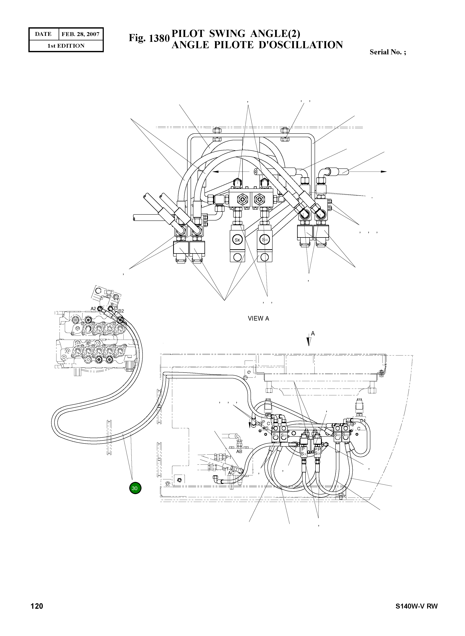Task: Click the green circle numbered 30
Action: [135, 488]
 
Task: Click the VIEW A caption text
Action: [258, 318]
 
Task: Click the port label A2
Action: [93, 309]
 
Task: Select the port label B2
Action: [121, 311]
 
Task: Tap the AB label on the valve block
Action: [239, 452]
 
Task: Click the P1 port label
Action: [228, 457]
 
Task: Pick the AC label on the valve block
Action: [231, 473]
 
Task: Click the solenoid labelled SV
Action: [275, 436]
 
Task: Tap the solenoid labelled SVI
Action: [284, 436]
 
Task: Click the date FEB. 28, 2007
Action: [80, 34]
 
